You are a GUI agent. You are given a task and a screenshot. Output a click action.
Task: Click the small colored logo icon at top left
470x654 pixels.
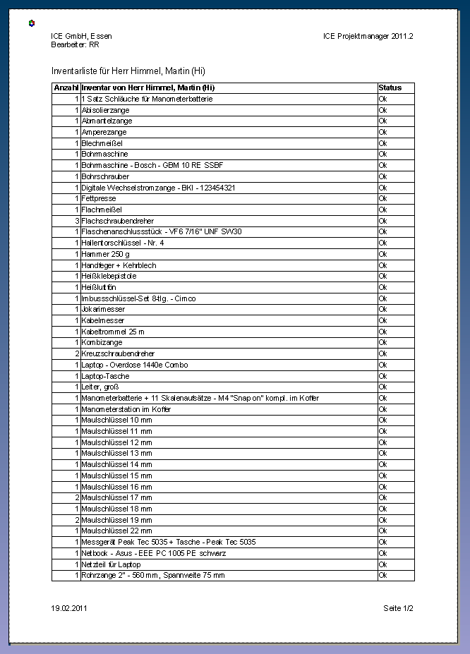pos(31,23)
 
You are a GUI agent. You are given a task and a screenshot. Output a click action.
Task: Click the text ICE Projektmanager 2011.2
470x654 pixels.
pos(368,36)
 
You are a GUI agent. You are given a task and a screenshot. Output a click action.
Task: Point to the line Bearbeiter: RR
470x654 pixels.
pos(75,44)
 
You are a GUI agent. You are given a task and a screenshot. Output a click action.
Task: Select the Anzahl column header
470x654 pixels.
pos(66,87)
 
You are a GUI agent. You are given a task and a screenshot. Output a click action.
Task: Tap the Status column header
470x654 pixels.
pos(390,87)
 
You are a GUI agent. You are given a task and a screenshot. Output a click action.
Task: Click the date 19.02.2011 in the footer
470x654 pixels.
pos(69,607)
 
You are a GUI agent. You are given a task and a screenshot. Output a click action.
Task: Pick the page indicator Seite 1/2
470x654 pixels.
pos(398,607)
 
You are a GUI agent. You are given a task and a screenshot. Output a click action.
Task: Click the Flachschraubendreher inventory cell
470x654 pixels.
pos(118,221)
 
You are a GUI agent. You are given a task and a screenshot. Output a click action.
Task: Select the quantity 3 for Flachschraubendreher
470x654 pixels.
pos(76,221)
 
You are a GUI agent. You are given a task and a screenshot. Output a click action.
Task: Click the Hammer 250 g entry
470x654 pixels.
pos(106,254)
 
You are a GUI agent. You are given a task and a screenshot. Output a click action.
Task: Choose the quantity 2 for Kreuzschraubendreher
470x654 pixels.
pos(76,353)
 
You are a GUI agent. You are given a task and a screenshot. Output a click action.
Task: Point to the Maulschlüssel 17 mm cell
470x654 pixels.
pos(116,497)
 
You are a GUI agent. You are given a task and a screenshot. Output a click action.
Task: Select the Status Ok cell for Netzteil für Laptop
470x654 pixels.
pos(383,564)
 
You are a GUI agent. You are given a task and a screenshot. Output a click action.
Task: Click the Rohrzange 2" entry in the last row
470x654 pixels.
pos(153,576)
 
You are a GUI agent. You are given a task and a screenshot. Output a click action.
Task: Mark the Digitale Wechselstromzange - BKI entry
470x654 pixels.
pos(158,188)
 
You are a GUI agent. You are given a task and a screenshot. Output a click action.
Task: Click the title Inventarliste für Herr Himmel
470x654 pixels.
pos(128,71)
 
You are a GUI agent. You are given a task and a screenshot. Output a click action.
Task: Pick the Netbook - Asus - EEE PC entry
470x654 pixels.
pos(154,553)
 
